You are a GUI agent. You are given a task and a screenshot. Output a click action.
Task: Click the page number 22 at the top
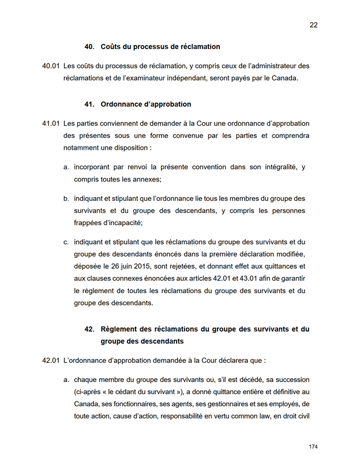tap(313, 25)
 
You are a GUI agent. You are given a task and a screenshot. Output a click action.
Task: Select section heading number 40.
tap(89, 47)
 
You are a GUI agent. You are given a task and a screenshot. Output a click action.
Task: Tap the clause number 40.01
tap(51, 66)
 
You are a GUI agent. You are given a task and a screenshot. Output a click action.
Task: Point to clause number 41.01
tap(51, 123)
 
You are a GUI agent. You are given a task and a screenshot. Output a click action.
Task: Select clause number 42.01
tap(51, 361)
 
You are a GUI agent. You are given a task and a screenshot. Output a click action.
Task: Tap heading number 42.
tap(89, 329)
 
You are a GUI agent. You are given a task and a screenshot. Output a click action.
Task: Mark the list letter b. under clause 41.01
tap(66, 198)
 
